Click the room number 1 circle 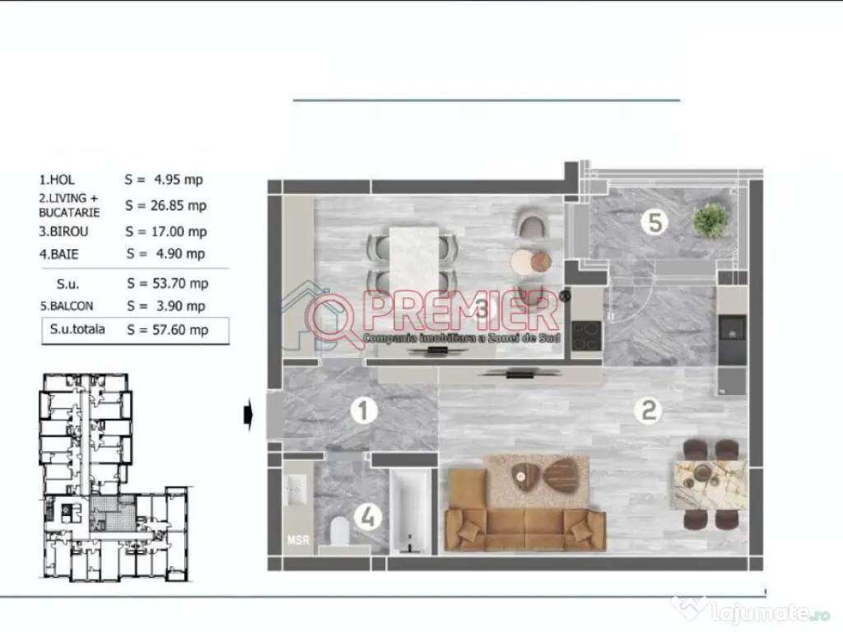pos(363,411)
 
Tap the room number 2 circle pos(650,410)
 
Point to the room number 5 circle pos(654,222)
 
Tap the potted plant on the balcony pos(710,220)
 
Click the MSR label pos(296,541)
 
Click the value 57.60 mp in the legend pos(179,330)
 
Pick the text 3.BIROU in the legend pos(64,232)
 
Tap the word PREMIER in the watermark pos(463,310)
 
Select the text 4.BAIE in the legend pos(61,254)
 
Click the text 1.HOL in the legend pos(59,179)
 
